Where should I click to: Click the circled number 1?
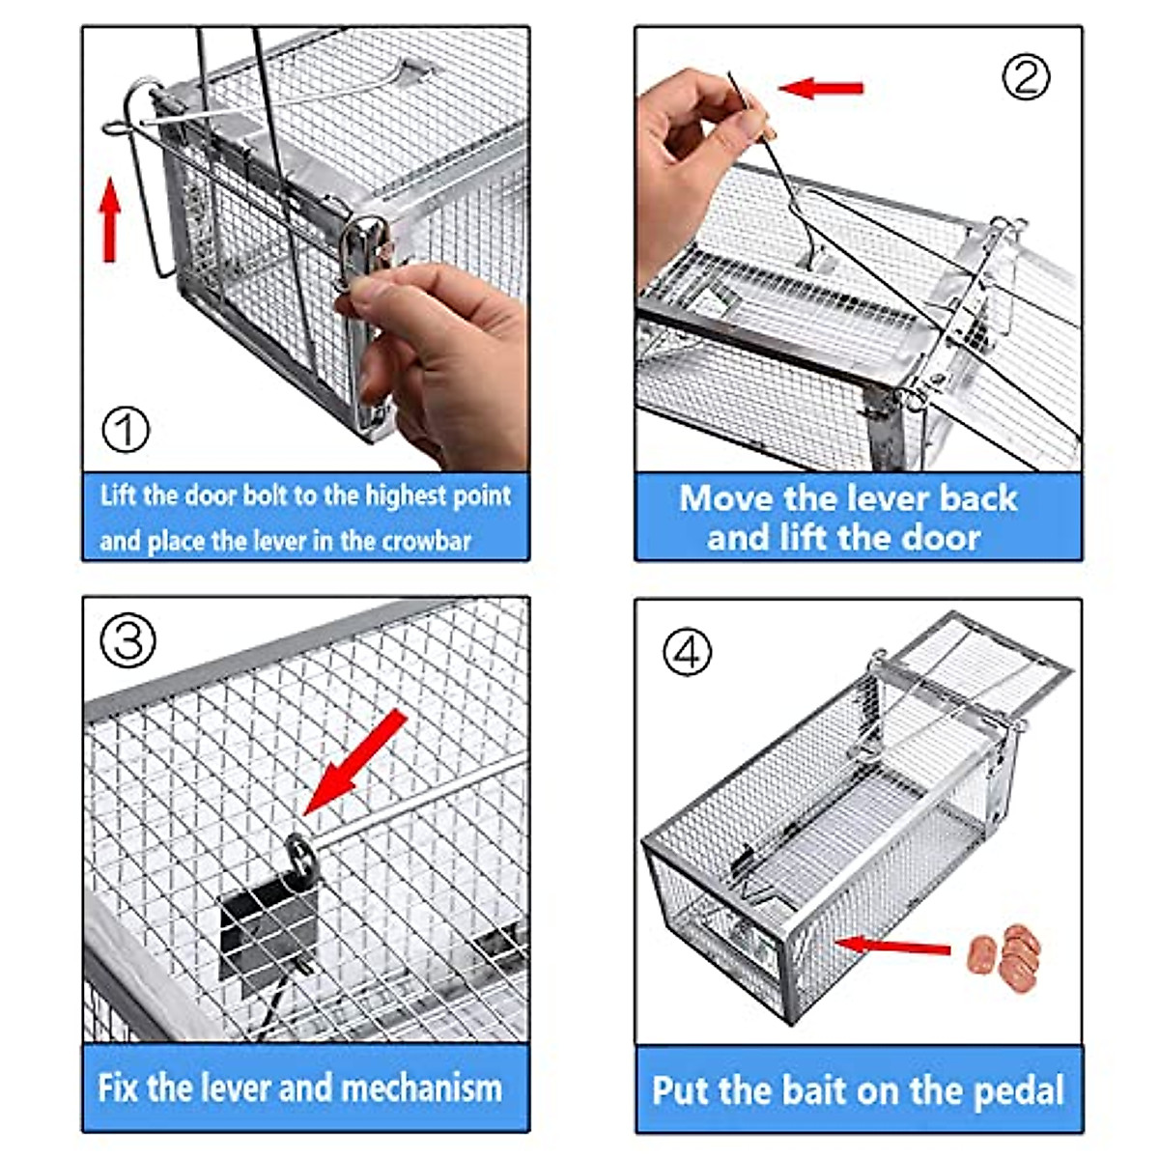pyautogui.click(x=126, y=430)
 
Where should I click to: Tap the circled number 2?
pyautogui.click(x=1025, y=76)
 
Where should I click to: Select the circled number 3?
pyautogui.click(x=128, y=640)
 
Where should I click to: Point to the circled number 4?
pyautogui.click(x=687, y=652)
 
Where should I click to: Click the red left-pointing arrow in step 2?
pyautogui.click(x=821, y=88)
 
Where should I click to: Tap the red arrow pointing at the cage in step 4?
pyautogui.click(x=892, y=946)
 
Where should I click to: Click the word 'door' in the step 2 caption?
pyautogui.click(x=934, y=537)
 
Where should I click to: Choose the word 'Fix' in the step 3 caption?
pyautogui.click(x=119, y=1088)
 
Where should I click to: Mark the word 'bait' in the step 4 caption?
pyautogui.click(x=811, y=1090)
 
